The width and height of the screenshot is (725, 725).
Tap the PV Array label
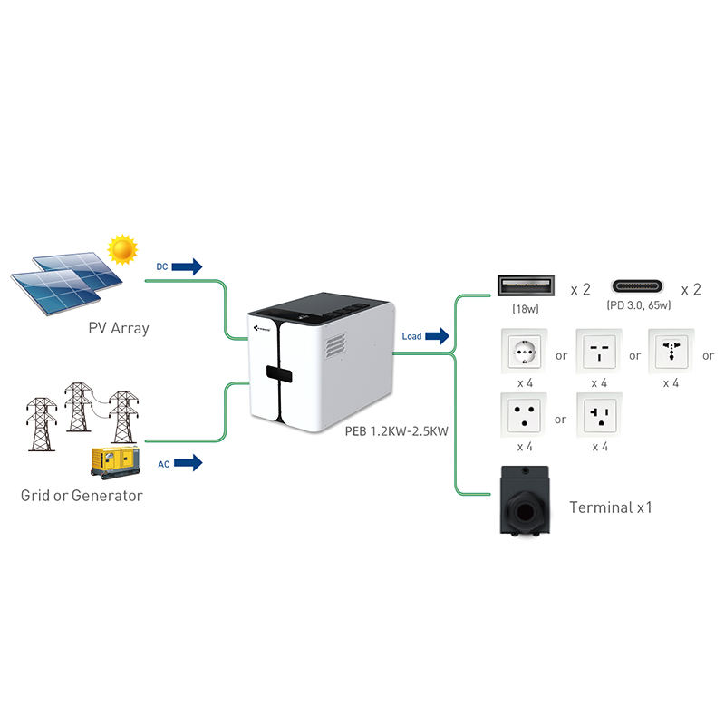[x=118, y=328]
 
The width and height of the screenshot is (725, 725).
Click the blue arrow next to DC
[x=187, y=266]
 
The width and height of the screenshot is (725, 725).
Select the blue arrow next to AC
[x=187, y=463]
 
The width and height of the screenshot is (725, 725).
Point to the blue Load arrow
[x=437, y=337]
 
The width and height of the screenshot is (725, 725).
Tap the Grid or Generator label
[x=82, y=496]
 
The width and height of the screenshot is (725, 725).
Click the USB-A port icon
[x=527, y=287]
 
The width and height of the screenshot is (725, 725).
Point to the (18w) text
[x=527, y=309]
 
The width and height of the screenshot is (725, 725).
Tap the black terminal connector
[x=527, y=502]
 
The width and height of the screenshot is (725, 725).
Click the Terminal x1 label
[x=610, y=507]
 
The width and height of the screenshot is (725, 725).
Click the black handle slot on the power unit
[x=278, y=373]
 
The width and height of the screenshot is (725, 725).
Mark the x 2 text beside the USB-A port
[x=580, y=289]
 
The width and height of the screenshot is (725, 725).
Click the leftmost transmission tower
[x=39, y=423]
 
